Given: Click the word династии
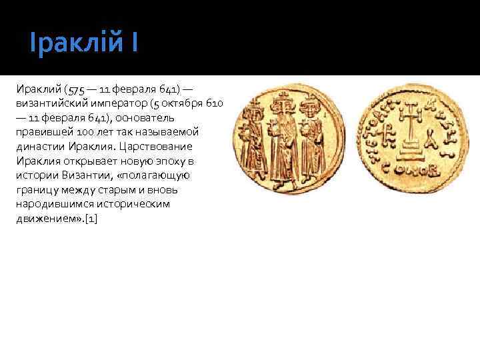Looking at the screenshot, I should click(x=38, y=147).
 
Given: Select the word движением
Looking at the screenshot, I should click(x=47, y=219).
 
